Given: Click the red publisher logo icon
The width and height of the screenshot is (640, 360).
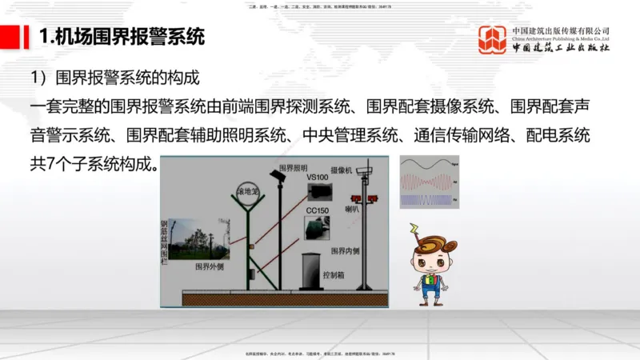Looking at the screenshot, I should [x=494, y=39].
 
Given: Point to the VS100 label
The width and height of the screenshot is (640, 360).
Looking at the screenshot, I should [x=318, y=177].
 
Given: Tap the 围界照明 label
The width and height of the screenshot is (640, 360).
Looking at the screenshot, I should [x=293, y=168].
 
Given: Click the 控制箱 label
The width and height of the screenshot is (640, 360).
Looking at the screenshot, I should [x=334, y=274].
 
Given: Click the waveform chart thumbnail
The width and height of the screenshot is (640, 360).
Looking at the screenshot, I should [x=430, y=182].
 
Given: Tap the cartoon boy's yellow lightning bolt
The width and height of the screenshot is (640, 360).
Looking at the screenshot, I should [x=414, y=230].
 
